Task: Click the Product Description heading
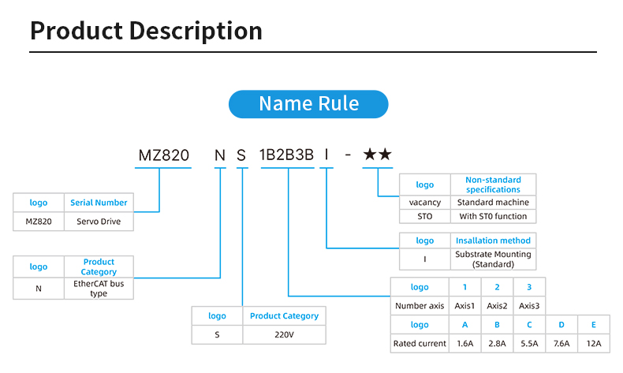146,31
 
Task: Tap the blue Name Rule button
308,104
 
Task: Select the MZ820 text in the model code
164,155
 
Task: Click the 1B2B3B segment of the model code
287,155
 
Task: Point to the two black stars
377,155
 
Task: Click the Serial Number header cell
99,203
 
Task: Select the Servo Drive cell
99,222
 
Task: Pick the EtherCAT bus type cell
99,288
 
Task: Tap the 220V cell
284,334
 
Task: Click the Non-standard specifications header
493,185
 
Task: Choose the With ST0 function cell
493,216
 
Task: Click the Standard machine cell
493,202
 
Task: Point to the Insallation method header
493,241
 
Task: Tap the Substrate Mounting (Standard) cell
493,259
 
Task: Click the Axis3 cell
529,305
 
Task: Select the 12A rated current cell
593,343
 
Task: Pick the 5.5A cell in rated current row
529,343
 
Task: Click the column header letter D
561,324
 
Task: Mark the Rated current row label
420,343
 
